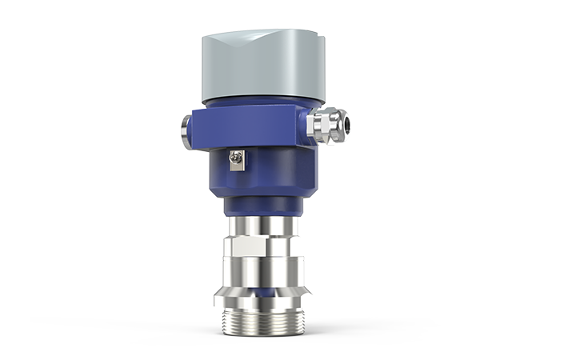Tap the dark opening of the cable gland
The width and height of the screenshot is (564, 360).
[346, 122]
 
